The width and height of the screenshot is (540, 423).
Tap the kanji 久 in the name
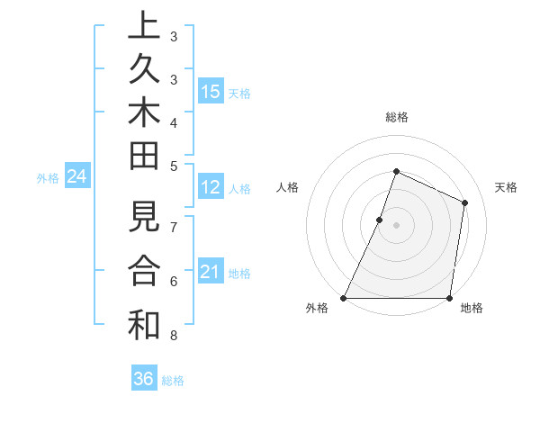coord(144,71)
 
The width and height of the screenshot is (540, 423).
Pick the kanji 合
coord(144,271)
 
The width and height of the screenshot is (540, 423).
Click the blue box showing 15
coord(211,92)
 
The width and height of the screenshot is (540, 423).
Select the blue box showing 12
coord(211,188)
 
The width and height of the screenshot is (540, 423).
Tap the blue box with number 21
coord(211,273)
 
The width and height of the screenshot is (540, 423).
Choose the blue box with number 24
coord(77,177)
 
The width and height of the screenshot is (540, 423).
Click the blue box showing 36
coord(144,379)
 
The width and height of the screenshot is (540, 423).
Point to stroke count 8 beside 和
coord(174,336)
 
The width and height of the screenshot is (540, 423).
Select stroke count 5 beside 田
coord(174,165)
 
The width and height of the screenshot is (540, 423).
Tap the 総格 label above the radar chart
coord(396,117)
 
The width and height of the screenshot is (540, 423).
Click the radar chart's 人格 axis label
coord(287,187)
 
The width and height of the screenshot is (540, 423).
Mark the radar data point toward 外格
coord(344,298)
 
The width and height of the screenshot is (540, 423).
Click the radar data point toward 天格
coord(465,202)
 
